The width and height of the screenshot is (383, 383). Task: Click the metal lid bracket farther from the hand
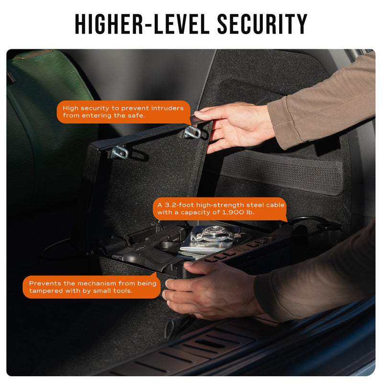coord(119,152)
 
